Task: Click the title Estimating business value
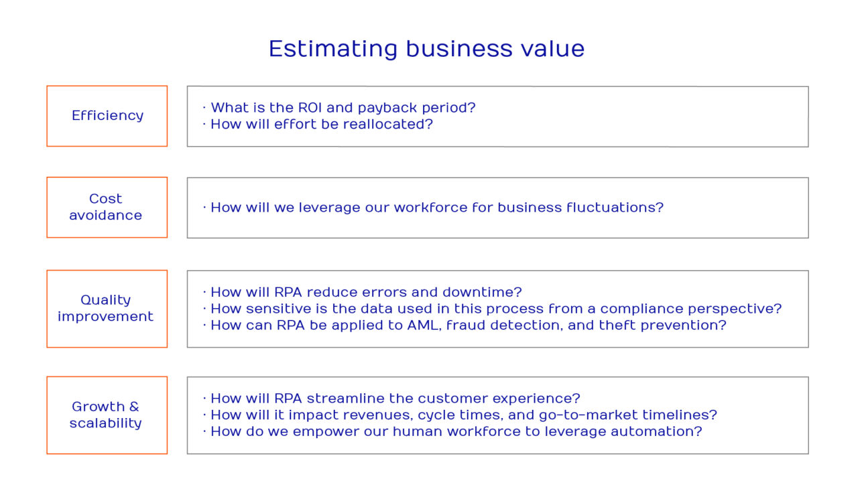(x=426, y=49)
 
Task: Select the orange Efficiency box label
(x=107, y=115)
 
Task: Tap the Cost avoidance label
(x=106, y=207)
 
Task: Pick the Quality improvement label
(x=106, y=308)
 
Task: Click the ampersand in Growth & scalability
(x=134, y=407)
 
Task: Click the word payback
(x=385, y=108)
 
